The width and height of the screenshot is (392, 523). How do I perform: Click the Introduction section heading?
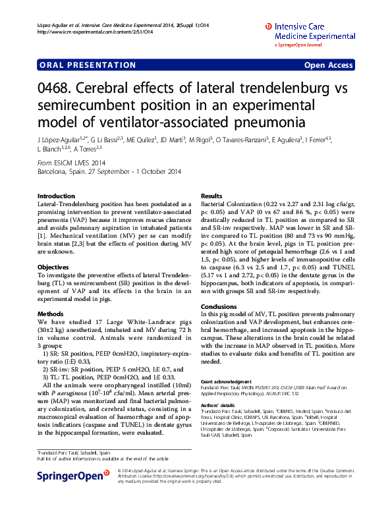tap(57, 196)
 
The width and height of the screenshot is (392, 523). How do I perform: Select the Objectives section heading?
tap(53, 267)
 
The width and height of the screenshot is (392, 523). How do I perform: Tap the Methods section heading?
tap(51, 314)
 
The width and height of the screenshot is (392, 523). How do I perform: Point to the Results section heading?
tap(211, 196)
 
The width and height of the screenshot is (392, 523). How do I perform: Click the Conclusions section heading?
tap(218, 307)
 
